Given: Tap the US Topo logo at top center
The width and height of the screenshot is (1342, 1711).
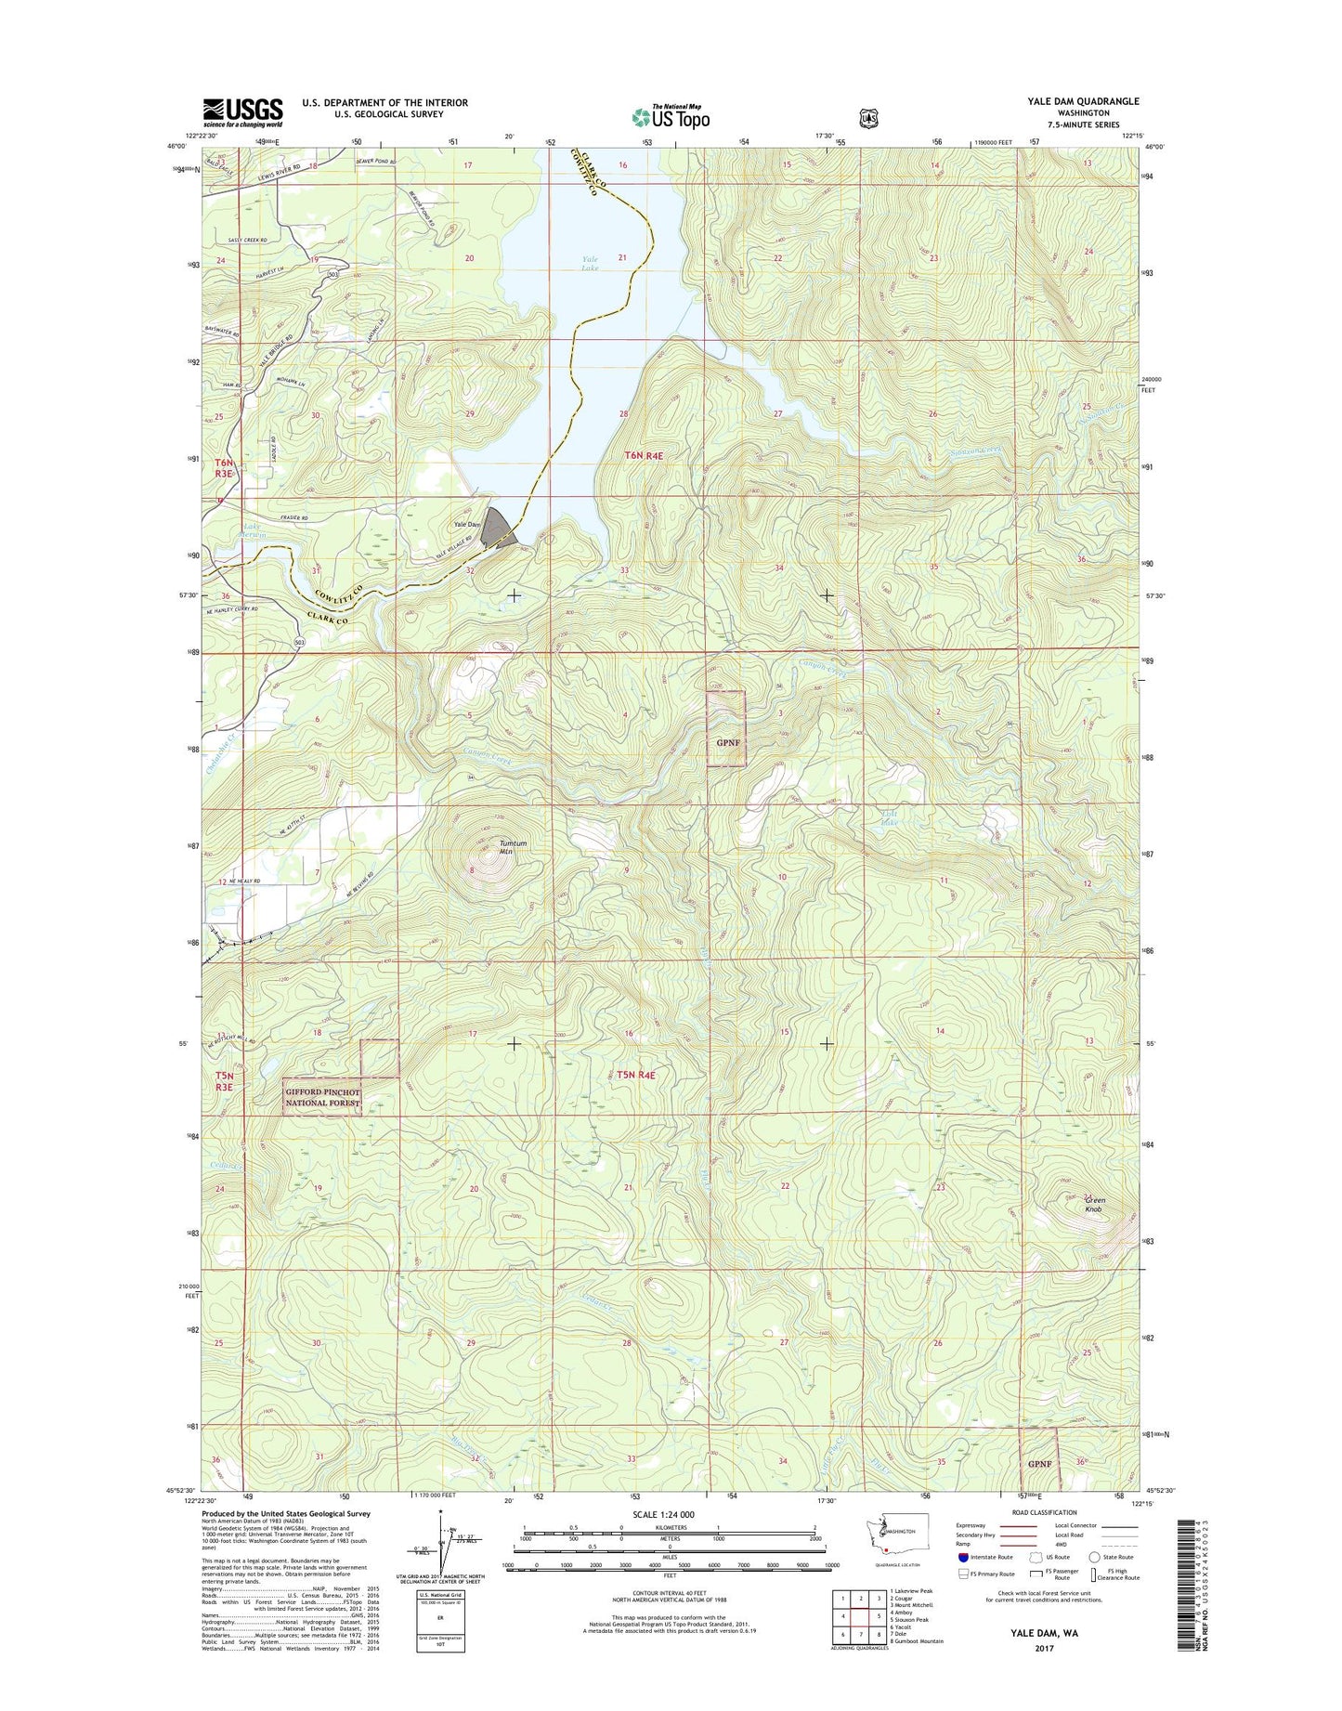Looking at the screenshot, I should tap(671, 116).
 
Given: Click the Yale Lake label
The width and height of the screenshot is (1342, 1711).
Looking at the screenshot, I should tap(591, 264).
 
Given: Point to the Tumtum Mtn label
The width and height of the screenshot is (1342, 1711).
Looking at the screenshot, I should tap(513, 846).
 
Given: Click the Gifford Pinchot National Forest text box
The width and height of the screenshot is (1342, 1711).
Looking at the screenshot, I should tap(322, 1097).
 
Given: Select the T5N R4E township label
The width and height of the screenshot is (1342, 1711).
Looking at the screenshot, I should tap(636, 1075).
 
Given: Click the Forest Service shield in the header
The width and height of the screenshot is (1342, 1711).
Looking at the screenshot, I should tap(868, 118).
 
